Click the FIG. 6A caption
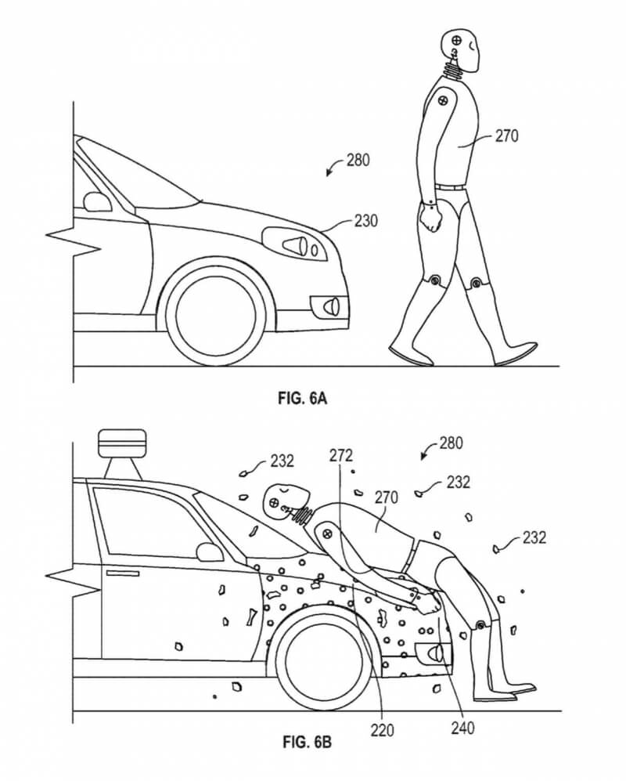point(302,399)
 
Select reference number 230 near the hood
point(365,220)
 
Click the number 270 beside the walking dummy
point(506,136)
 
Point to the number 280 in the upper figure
point(358,161)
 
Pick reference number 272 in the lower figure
point(341,455)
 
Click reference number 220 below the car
point(382,730)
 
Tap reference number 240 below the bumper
point(462,728)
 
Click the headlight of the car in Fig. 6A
point(294,244)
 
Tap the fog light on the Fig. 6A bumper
point(329,306)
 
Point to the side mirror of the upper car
point(98,201)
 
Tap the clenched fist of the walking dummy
point(430,219)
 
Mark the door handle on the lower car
point(124,573)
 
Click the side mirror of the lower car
point(210,552)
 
